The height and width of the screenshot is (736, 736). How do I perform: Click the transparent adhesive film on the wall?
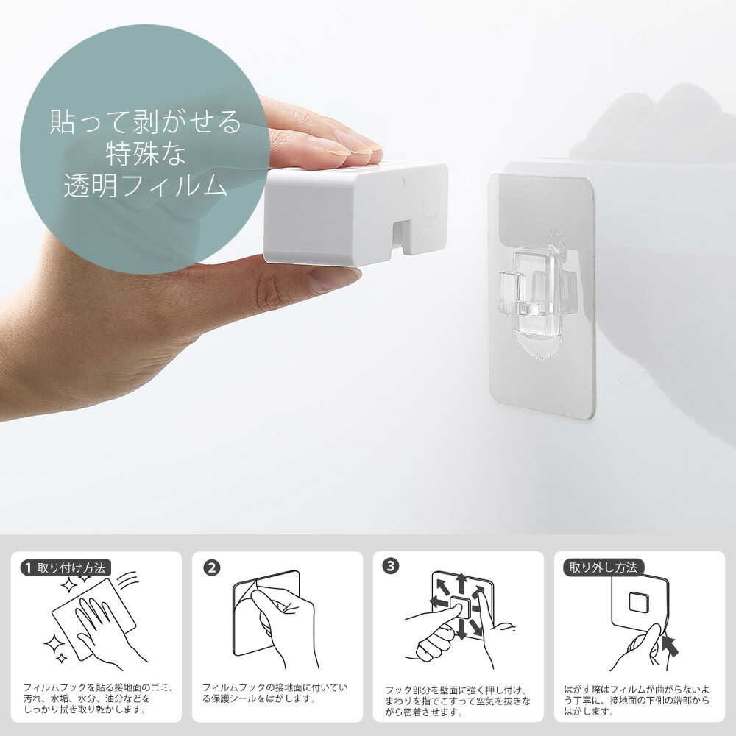(x=542, y=296)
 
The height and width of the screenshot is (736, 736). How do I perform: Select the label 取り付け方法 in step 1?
(x=71, y=568)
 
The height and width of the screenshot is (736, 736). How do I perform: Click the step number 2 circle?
(x=212, y=568)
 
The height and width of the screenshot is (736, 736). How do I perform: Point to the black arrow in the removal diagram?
(x=670, y=644)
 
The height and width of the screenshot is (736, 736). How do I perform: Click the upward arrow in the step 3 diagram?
(x=462, y=584)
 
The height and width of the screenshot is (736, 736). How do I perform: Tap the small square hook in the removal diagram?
(x=639, y=603)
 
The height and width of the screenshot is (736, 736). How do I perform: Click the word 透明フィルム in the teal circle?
(x=146, y=185)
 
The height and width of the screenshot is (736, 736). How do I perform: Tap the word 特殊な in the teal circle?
(x=146, y=154)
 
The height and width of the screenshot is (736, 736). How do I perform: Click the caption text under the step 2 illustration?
(x=275, y=693)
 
